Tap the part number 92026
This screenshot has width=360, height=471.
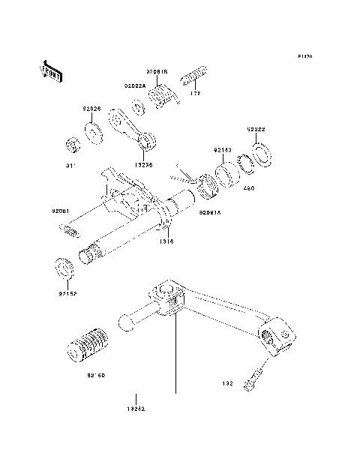pos(91,109)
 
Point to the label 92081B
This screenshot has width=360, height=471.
pos(157,72)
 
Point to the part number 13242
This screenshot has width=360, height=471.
pos(135,409)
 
